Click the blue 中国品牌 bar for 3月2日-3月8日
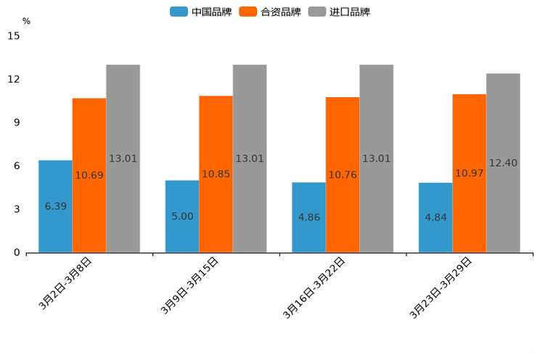55,181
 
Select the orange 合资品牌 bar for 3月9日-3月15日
216,145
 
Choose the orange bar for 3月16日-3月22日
343,145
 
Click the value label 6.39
55,206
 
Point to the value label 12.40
503,163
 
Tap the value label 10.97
469,173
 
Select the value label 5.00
182,216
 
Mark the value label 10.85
216,174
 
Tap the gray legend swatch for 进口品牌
317,12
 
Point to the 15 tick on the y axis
14,36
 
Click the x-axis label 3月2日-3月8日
65,284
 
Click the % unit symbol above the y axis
26,22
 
